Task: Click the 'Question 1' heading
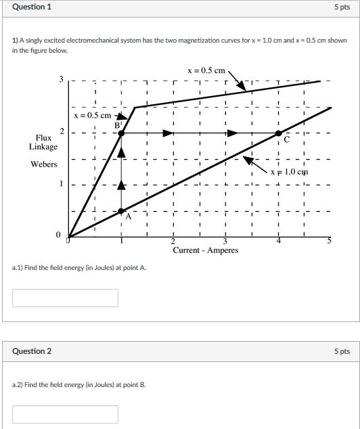(x=32, y=7)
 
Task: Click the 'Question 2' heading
(x=32, y=351)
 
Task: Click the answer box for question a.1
(x=65, y=298)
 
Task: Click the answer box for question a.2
(x=65, y=414)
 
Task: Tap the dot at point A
(x=121, y=211)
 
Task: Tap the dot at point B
(x=121, y=134)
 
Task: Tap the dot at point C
(x=278, y=134)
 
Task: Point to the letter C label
(x=287, y=141)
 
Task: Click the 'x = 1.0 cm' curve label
(x=289, y=172)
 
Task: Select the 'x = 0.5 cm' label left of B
(x=93, y=115)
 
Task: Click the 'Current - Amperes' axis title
(x=206, y=250)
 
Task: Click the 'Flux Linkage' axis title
(x=43, y=142)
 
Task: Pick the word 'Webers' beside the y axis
(x=43, y=164)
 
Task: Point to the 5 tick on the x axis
(x=330, y=242)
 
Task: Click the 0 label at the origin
(x=59, y=235)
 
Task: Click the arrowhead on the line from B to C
(x=232, y=134)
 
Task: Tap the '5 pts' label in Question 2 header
(x=342, y=351)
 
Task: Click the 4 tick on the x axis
(x=278, y=242)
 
